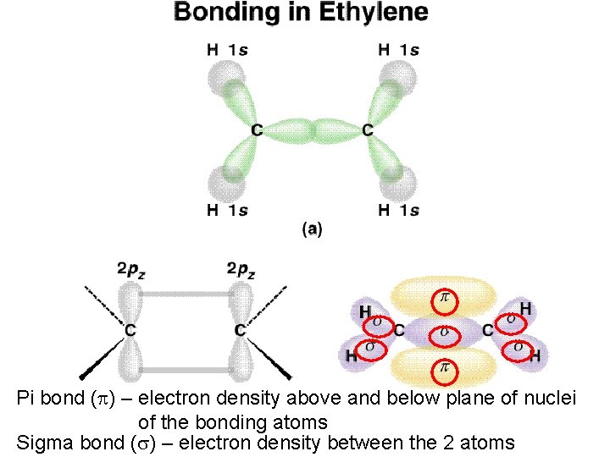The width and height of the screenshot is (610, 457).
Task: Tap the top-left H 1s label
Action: click(227, 50)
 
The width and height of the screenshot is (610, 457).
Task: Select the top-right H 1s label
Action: click(398, 50)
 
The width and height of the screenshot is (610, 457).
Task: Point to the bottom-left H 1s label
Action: click(227, 211)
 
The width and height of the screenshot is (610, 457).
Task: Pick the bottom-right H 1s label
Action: click(398, 211)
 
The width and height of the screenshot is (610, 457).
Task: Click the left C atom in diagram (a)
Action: click(257, 130)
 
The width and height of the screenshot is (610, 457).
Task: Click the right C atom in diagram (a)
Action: click(367, 130)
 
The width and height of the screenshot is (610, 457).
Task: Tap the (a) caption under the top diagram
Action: click(312, 228)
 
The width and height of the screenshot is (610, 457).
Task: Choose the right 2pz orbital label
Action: click(241, 270)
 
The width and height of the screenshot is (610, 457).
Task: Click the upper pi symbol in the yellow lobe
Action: click(443, 298)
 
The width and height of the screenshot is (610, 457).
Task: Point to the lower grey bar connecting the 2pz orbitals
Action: click(186, 368)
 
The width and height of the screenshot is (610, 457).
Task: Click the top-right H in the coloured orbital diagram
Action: click(526, 310)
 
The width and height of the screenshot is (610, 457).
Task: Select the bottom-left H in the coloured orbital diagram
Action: click(351, 357)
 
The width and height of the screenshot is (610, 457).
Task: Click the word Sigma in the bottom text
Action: click(40, 441)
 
